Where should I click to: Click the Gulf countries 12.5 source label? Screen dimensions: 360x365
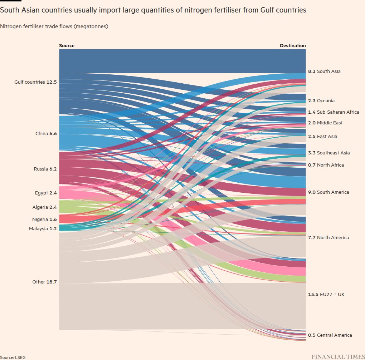point(35,82)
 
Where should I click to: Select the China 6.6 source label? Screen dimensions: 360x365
point(46,134)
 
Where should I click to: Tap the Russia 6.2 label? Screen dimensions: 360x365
point(45,169)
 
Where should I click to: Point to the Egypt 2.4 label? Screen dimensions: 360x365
point(46,193)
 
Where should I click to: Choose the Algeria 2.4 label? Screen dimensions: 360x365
point(44,207)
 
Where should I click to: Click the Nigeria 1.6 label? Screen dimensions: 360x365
point(44,220)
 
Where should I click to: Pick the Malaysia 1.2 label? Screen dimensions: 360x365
point(43,229)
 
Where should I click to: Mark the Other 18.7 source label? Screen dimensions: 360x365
point(44,282)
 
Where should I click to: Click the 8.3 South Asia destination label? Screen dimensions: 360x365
point(324,71)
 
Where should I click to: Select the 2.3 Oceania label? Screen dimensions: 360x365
point(321,101)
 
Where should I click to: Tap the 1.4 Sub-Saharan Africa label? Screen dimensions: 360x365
point(333,112)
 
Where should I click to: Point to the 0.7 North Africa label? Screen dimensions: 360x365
point(326,165)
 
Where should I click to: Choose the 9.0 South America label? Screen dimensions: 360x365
point(328,192)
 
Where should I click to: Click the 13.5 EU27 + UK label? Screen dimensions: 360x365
point(326,295)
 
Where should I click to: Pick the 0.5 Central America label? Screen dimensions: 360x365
point(330,335)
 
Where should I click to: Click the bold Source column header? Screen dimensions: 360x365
point(67,46)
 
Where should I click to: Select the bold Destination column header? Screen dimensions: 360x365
point(293,46)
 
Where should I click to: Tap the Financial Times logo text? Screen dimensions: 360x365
point(338,356)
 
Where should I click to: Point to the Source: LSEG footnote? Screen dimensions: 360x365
point(13,357)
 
